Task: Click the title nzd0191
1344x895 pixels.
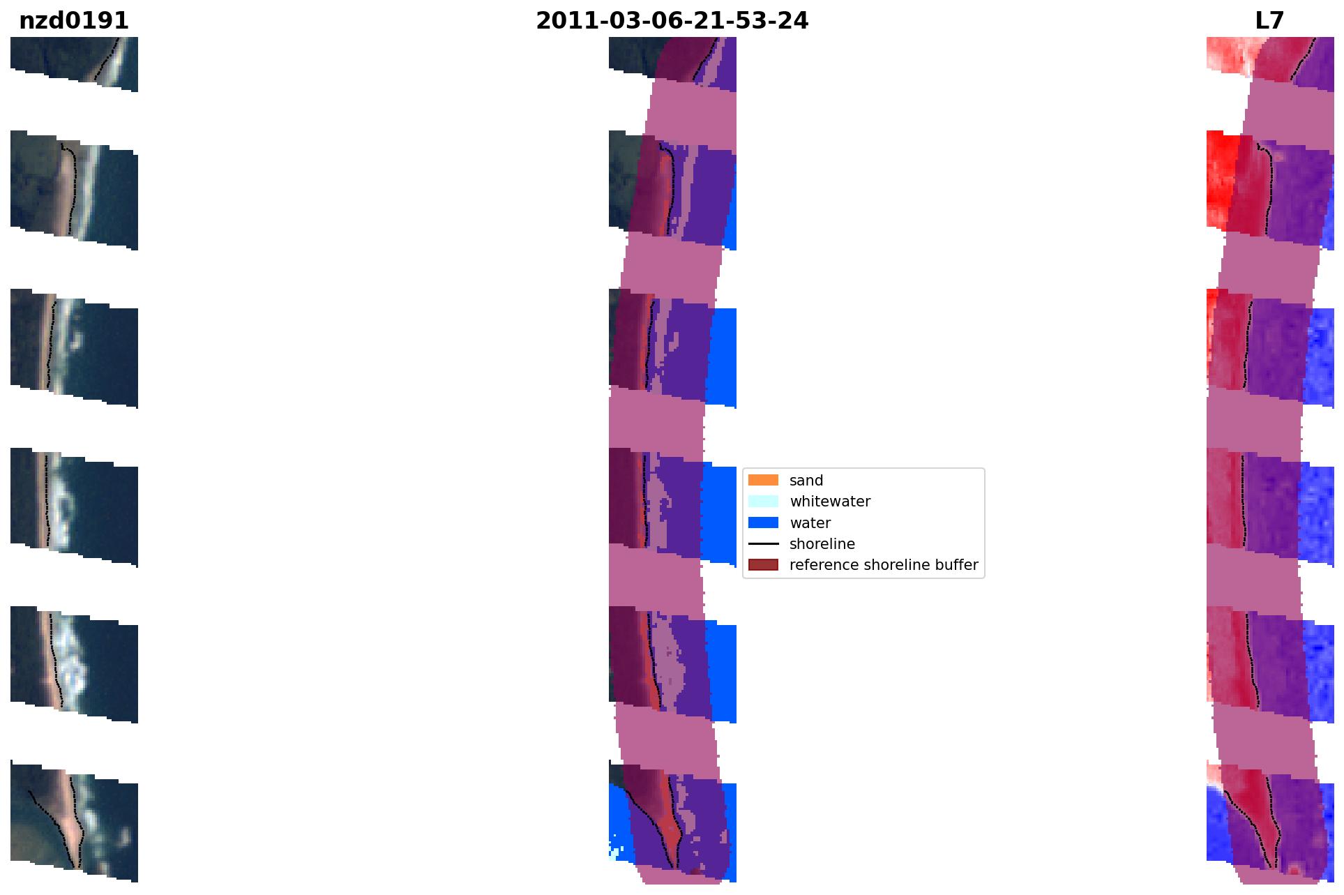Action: coord(74,21)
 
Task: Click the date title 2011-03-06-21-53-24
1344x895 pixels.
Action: coord(672,21)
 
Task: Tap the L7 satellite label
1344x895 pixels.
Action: coord(1269,21)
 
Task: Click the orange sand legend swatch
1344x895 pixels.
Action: coord(763,480)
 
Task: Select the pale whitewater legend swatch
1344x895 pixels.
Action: coord(763,501)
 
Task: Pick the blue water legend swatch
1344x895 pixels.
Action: coord(763,522)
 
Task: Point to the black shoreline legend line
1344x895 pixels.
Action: coord(763,543)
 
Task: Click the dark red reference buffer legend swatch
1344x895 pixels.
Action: coord(763,564)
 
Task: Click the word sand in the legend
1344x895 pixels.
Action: coord(806,481)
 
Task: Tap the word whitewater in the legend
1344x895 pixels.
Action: coord(830,502)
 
